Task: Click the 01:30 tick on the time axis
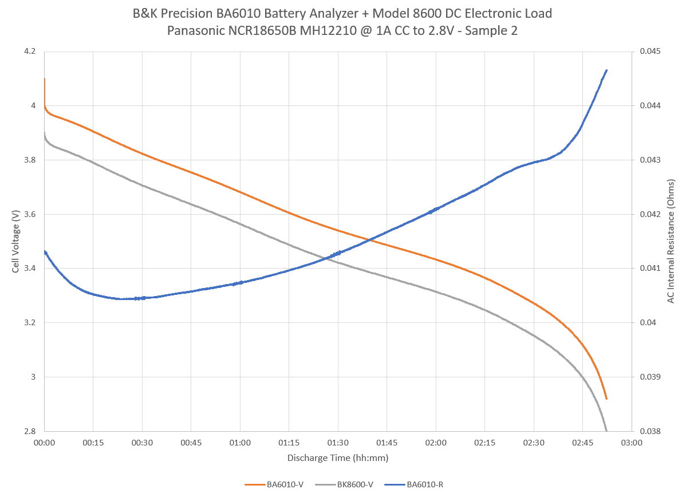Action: [x=338, y=443]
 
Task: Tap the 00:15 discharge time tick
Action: [x=93, y=443]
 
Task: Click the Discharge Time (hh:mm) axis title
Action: [x=338, y=458]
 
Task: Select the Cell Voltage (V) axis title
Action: [x=15, y=241]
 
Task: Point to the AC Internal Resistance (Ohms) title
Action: [x=671, y=241]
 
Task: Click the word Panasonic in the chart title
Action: [x=194, y=31]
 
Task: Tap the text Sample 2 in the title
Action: [x=492, y=31]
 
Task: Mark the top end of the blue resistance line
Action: [x=606, y=70]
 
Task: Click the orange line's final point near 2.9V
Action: [x=606, y=399]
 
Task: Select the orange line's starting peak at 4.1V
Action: [x=45, y=79]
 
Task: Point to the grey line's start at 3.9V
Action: [x=45, y=133]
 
